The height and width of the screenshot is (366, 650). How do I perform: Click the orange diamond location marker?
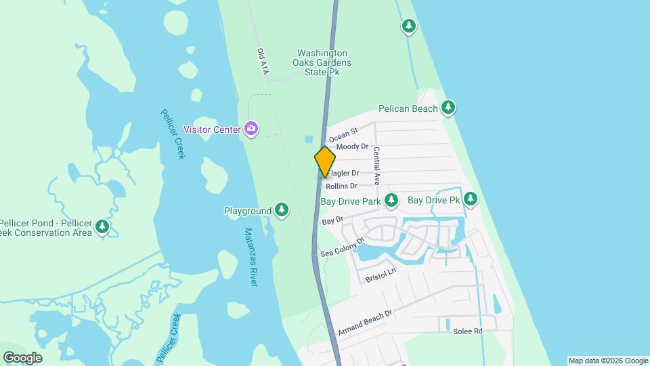click(x=325, y=161)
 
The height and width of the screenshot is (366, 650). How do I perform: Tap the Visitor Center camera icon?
click(x=251, y=128)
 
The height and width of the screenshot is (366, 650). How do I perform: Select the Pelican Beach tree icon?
click(x=448, y=107)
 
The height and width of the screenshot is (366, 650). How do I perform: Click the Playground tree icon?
click(x=282, y=211)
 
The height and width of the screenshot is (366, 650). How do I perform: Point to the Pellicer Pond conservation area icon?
click(x=102, y=226)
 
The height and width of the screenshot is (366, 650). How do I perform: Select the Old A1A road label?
click(x=263, y=61)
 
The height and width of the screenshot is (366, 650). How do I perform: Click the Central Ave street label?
click(x=377, y=162)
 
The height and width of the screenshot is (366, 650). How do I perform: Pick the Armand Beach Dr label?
click(x=366, y=323)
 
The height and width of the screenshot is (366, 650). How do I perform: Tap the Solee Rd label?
click(x=468, y=331)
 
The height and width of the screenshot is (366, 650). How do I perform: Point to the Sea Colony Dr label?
click(x=343, y=247)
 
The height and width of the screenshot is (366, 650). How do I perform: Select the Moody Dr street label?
click(x=352, y=146)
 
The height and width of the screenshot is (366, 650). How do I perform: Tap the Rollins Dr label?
click(x=341, y=186)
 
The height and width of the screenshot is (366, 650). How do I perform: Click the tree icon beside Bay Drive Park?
click(x=391, y=200)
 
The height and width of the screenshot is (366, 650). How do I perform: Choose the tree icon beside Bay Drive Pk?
click(x=470, y=199)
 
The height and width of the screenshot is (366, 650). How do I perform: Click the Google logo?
click(x=22, y=358)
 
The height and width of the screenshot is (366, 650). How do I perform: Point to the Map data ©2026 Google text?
click(x=608, y=361)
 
